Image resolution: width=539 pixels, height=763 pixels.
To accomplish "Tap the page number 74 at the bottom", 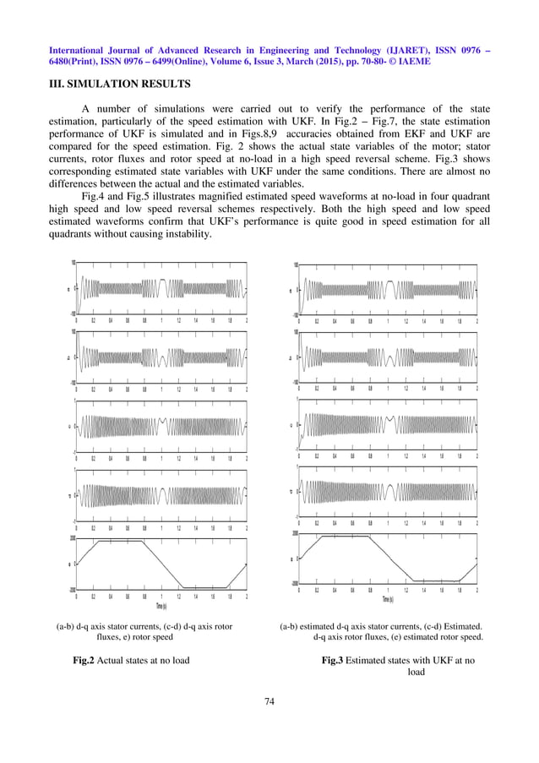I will [269, 700].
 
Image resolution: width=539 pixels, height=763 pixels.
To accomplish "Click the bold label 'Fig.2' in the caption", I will [86, 660].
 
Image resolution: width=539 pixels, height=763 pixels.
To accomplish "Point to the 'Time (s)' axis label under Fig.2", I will [160, 606].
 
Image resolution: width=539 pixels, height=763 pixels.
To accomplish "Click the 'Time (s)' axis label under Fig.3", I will [388, 599].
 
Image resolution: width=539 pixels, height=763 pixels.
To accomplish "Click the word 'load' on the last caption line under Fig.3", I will [416, 673].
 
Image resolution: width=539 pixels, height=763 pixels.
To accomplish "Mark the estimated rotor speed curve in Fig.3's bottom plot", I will [355, 537].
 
